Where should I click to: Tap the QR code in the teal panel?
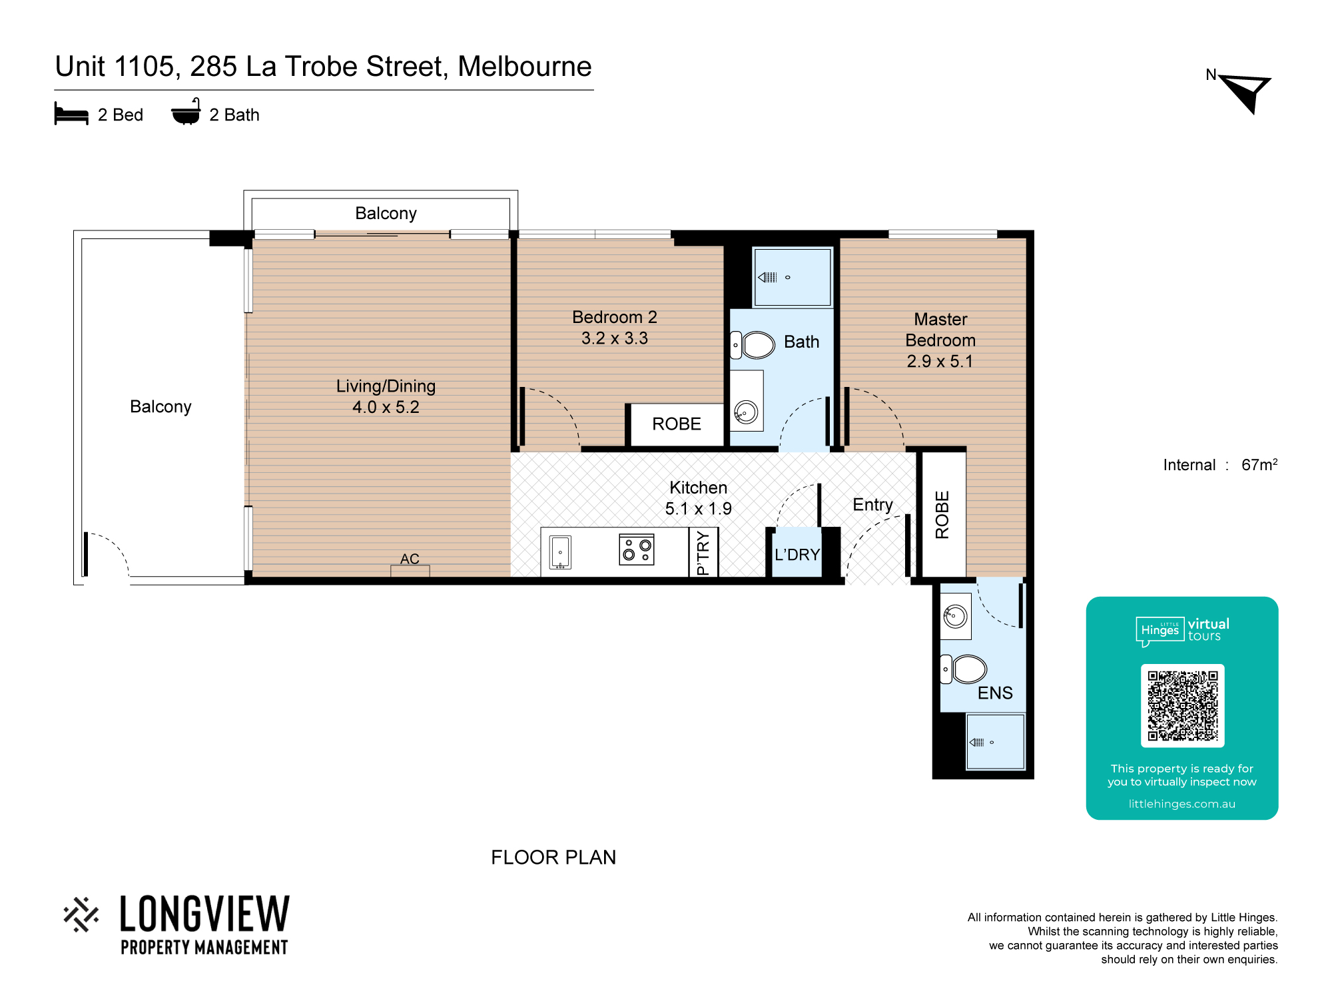pyautogui.click(x=1182, y=705)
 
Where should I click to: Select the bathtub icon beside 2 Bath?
pyautogui.click(x=186, y=112)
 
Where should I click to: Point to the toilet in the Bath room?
pyautogui.click(x=753, y=345)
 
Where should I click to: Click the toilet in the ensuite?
pyautogui.click(x=963, y=669)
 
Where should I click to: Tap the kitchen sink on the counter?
pyautogui.click(x=560, y=552)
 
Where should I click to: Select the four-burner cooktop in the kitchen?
pyautogui.click(x=637, y=549)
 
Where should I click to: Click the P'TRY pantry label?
pyautogui.click(x=703, y=553)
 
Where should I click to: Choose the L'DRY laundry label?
pyautogui.click(x=797, y=555)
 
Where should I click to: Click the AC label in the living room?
pyautogui.click(x=410, y=559)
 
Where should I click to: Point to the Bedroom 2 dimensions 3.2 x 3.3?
pyautogui.click(x=615, y=338)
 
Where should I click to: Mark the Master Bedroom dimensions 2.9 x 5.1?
pyautogui.click(x=940, y=362)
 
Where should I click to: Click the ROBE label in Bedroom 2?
pyautogui.click(x=677, y=424)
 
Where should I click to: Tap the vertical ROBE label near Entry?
pyautogui.click(x=942, y=515)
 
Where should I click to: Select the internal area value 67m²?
pyautogui.click(x=1259, y=464)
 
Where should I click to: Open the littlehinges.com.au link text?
pyautogui.click(x=1182, y=804)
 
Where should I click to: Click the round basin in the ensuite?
pyautogui.click(x=955, y=616)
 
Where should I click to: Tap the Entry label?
pyautogui.click(x=872, y=505)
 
